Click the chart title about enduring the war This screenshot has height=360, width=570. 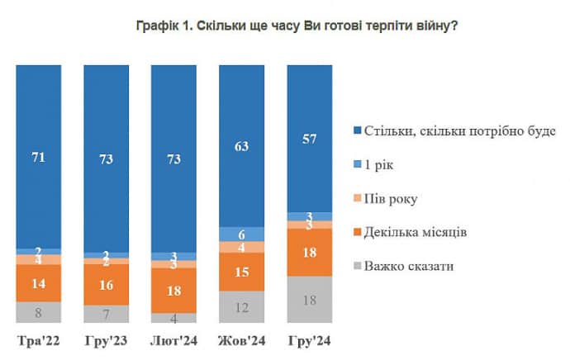pyautogui.click(x=297, y=26)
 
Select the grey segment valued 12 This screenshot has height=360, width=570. pyautogui.click(x=241, y=307)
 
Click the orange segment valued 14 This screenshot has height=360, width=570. pyautogui.click(x=38, y=282)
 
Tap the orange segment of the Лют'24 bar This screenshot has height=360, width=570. pyautogui.click(x=173, y=290)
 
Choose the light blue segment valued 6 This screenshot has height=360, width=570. pyautogui.click(x=241, y=234)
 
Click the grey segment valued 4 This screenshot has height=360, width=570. pyautogui.click(x=173, y=318)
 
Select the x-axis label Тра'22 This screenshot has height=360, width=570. pyautogui.click(x=38, y=340)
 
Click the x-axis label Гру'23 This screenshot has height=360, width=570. pyautogui.click(x=106, y=340)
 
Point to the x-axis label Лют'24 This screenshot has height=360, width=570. pyautogui.click(x=173, y=340)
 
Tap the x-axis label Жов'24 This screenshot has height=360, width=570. pyautogui.click(x=241, y=340)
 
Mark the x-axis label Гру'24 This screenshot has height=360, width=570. pyautogui.click(x=309, y=340)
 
